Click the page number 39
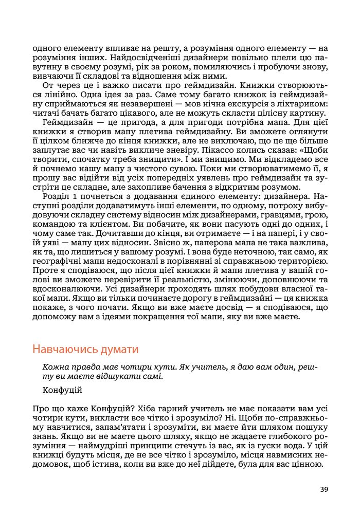click(323, 489)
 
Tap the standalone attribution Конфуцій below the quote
click(63, 390)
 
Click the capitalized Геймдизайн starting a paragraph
click(67, 123)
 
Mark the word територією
click(303, 262)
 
